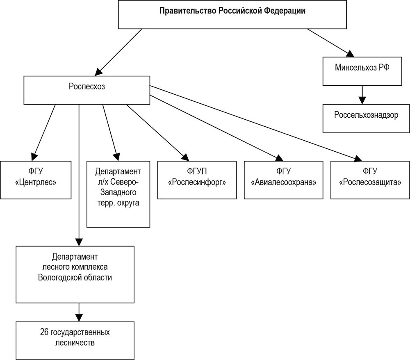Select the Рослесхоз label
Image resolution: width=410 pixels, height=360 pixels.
(x=87, y=86)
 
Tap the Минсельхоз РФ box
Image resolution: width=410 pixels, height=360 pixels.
(x=362, y=71)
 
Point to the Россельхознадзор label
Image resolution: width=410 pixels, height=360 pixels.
(x=366, y=115)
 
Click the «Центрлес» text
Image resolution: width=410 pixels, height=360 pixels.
(x=36, y=182)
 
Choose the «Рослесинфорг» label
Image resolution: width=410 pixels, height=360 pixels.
(x=197, y=182)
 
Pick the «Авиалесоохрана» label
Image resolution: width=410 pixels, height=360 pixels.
(x=283, y=182)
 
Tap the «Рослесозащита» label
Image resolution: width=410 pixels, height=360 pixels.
(x=370, y=182)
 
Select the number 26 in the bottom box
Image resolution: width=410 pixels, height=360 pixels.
(x=44, y=332)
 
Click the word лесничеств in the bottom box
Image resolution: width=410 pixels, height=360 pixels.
(x=75, y=342)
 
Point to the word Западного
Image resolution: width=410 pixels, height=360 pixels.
(x=118, y=192)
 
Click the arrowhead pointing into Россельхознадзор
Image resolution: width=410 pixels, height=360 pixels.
(x=362, y=100)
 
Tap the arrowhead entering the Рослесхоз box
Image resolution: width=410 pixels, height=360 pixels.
(x=98, y=72)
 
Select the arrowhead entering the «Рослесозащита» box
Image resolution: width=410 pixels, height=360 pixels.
(x=358, y=158)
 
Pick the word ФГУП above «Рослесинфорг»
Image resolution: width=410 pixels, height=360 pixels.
(x=197, y=171)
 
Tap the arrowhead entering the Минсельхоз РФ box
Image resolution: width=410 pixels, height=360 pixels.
(x=351, y=54)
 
